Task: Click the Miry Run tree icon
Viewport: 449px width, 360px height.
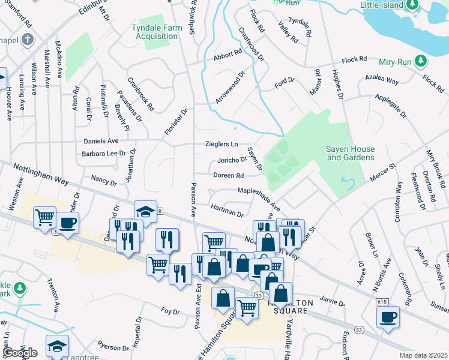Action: coord(421,61)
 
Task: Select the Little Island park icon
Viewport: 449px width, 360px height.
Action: coord(411,5)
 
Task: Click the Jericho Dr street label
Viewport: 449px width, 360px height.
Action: coord(232,160)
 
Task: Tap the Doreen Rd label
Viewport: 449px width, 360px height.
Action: coord(228,175)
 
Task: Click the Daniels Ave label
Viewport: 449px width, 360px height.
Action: coord(101,140)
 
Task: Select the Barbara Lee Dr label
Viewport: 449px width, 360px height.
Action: coord(104,154)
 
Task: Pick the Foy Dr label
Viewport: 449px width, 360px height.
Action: coord(170,311)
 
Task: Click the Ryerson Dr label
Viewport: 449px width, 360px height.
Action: coord(109,346)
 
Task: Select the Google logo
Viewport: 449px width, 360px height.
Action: coord(20,353)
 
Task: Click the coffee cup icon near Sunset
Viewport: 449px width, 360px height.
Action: coord(388,316)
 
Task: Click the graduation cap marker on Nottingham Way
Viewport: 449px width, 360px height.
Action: coord(145,211)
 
